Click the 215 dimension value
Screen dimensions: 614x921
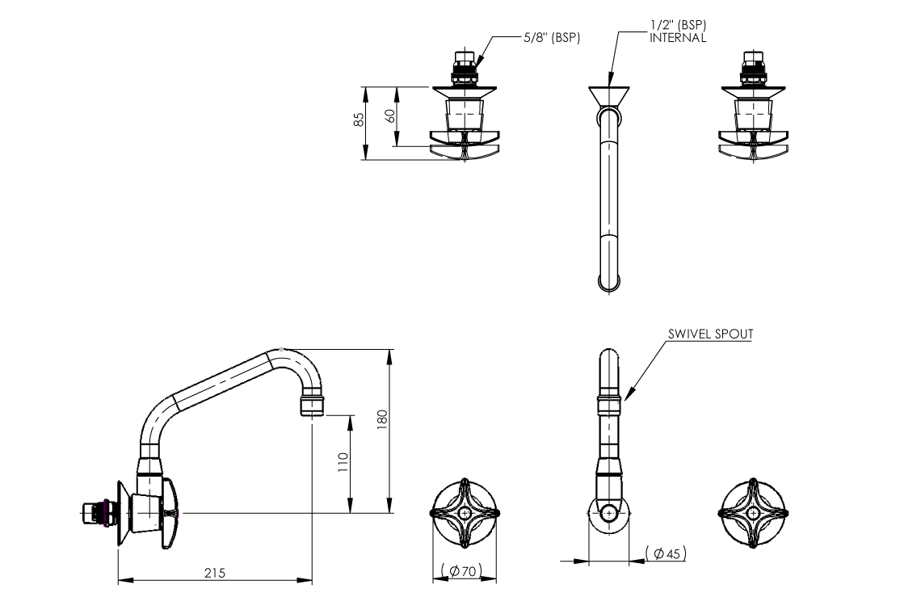click(x=214, y=573)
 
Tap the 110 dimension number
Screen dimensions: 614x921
click(x=343, y=461)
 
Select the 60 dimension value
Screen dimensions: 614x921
click(x=390, y=115)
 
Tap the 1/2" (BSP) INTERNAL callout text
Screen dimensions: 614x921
click(x=678, y=32)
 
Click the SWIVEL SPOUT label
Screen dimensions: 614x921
click(x=710, y=333)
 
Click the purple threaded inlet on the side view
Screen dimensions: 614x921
click(x=100, y=513)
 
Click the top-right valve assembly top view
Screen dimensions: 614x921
click(x=752, y=109)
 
